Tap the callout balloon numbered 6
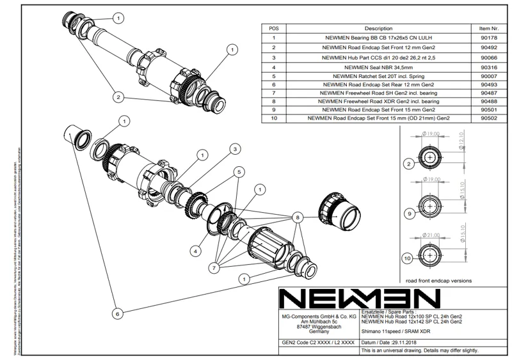click(x=117, y=313)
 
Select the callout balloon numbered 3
click(x=235, y=149)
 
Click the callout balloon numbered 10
click(x=408, y=258)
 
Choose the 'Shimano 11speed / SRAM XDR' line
click(x=397, y=332)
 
